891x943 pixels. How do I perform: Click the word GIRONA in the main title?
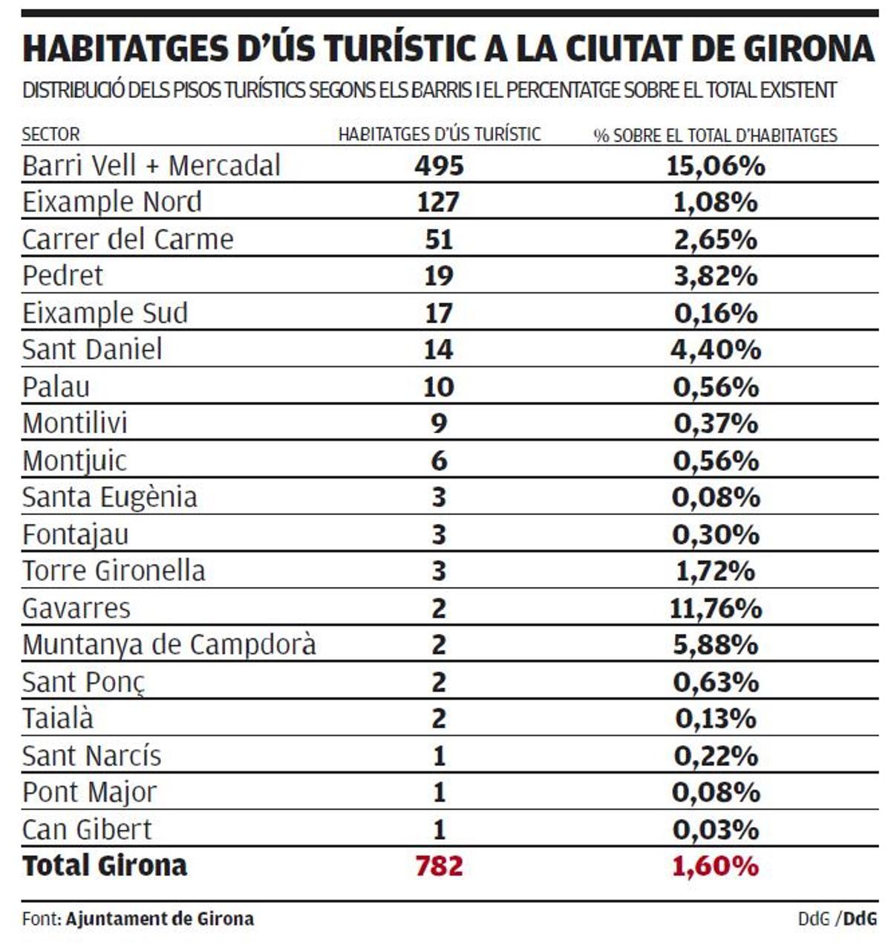(808, 48)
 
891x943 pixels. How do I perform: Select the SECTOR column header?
(50, 135)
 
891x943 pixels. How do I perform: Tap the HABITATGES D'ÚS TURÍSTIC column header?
(440, 135)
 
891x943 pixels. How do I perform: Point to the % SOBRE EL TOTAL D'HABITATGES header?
(715, 135)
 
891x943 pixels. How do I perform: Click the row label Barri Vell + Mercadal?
(151, 166)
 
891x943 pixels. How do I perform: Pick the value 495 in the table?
(439, 166)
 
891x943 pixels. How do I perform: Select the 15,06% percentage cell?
(715, 166)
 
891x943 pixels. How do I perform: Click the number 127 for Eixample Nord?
(439, 202)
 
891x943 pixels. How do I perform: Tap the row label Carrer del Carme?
(128, 239)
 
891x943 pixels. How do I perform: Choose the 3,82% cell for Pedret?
(715, 276)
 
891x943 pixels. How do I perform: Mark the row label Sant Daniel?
(92, 349)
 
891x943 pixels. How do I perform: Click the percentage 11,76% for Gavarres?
(715, 608)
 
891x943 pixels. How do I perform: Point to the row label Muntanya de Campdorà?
(169, 644)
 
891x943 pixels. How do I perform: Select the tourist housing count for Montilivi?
(439, 424)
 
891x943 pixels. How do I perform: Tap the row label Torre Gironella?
(114, 571)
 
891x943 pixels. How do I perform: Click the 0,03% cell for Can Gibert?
(715, 829)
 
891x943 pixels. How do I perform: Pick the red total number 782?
(439, 866)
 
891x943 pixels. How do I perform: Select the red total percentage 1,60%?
(715, 866)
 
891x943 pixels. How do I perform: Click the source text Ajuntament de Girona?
(160, 918)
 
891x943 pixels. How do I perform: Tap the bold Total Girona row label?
(105, 866)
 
